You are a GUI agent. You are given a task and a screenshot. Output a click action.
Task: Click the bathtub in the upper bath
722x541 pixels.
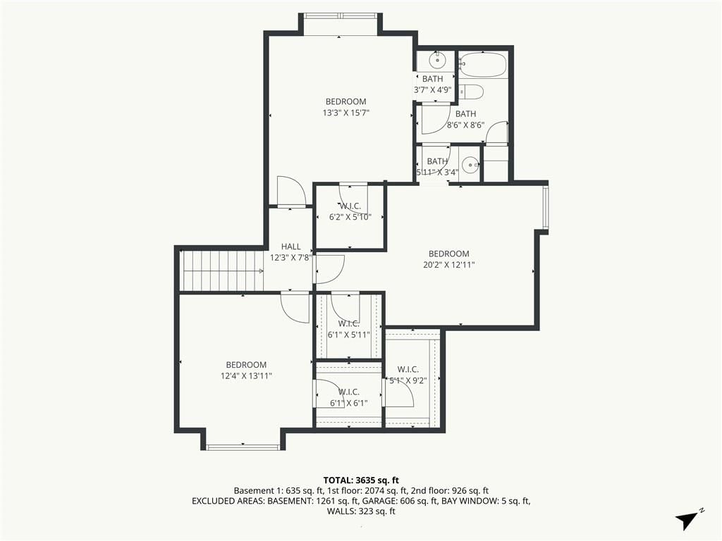[x=484, y=65]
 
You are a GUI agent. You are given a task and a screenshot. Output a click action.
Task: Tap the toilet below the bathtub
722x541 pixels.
[x=471, y=92]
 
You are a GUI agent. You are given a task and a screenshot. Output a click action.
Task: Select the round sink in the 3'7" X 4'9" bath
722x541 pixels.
[x=436, y=60]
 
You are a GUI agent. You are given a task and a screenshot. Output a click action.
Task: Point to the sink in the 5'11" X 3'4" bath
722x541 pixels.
[x=470, y=163]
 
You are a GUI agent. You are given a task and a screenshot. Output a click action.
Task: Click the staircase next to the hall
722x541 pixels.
[x=224, y=271]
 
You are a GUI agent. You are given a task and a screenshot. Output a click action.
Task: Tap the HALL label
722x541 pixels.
[x=290, y=247]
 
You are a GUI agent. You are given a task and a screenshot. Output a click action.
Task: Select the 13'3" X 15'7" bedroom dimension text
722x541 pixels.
[x=345, y=113]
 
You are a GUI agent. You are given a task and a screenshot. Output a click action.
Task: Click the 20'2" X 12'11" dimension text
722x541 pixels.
[x=449, y=265]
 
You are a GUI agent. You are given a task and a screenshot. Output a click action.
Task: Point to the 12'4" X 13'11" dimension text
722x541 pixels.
[x=246, y=376]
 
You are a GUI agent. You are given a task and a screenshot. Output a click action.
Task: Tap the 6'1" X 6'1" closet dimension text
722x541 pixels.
[x=348, y=404]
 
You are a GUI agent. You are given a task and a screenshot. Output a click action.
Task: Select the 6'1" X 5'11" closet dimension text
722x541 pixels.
[x=348, y=335]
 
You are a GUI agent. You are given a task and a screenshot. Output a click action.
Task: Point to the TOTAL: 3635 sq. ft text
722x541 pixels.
[x=361, y=481]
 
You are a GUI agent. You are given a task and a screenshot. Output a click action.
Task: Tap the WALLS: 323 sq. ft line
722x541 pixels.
[x=361, y=511]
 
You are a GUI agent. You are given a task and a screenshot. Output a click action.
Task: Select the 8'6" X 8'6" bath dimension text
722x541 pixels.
[x=465, y=125]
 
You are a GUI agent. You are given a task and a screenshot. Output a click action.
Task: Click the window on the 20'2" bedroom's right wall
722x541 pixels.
[x=546, y=208]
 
